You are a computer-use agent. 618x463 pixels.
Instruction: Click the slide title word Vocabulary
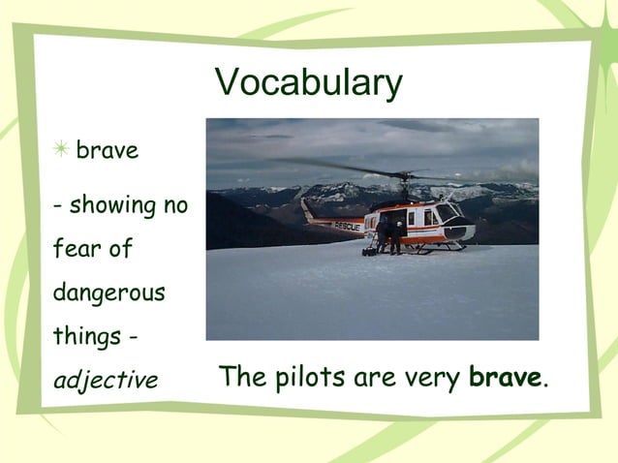pyautogui.click(x=308, y=83)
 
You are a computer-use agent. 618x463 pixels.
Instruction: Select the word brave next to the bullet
pyautogui.click(x=107, y=151)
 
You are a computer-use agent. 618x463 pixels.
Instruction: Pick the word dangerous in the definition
pyautogui.click(x=108, y=293)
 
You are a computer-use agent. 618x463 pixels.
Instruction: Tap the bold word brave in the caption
pyautogui.click(x=504, y=376)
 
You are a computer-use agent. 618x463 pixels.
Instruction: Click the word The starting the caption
pyautogui.click(x=240, y=376)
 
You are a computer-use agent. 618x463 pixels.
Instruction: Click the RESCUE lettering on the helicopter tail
pyautogui.click(x=346, y=226)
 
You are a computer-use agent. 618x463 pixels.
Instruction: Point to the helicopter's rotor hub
pyautogui.click(x=407, y=177)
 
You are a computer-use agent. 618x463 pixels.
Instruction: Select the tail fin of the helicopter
pyautogui.click(x=307, y=208)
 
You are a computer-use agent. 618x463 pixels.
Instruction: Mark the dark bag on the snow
pyautogui.click(x=369, y=251)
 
